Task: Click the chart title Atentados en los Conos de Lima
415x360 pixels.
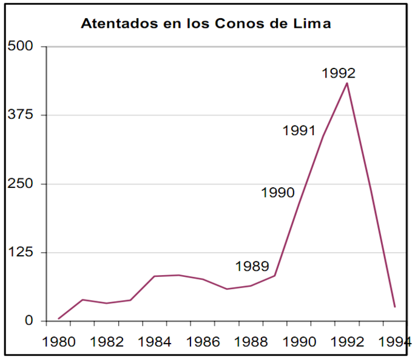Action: [207, 25]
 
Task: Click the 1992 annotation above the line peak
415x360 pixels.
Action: [339, 73]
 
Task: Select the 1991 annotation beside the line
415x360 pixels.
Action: [299, 130]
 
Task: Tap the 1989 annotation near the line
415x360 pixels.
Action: [252, 266]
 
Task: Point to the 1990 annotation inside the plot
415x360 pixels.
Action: [278, 193]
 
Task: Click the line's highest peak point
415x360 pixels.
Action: [346, 82]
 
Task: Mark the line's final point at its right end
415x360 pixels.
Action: [394, 307]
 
